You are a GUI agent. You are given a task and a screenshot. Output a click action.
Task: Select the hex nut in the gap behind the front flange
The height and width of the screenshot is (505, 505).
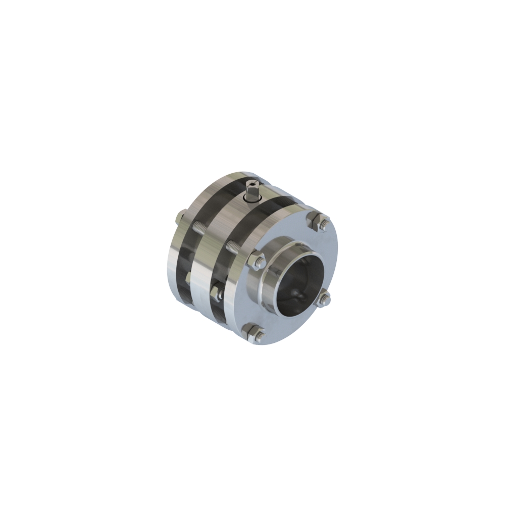point(216,291)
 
